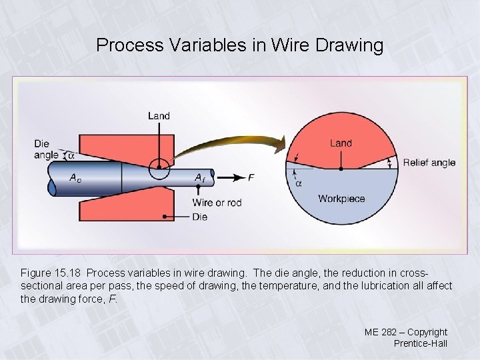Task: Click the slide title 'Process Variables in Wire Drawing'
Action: coord(240,45)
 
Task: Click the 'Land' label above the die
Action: coord(159,116)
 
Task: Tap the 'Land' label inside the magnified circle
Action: coord(341,143)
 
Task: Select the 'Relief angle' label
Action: coord(429,163)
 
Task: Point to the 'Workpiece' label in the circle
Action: coord(341,198)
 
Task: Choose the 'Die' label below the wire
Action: coord(199,217)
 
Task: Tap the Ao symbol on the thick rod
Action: coord(77,177)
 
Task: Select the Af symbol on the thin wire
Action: coord(199,177)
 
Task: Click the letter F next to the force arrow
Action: coord(251,177)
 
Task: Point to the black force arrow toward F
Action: coord(227,177)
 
